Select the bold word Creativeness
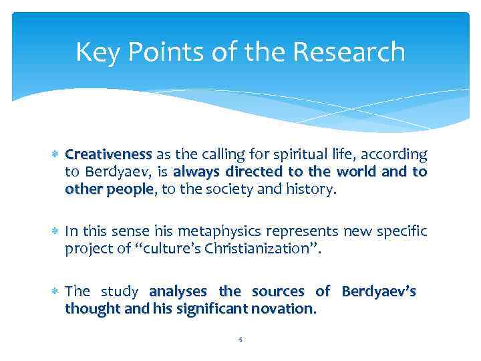click(109, 155)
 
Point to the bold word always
click(196, 172)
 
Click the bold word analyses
click(180, 291)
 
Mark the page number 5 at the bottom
click(240, 339)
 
